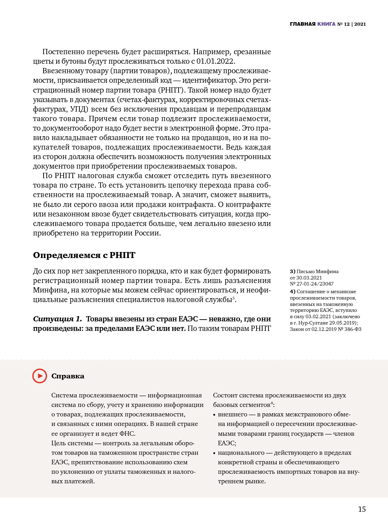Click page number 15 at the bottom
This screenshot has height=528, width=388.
tap(362, 509)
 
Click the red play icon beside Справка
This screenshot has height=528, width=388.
tap(40, 376)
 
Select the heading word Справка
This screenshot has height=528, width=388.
tap(68, 376)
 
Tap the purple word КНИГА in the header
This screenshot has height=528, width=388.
tap(326, 24)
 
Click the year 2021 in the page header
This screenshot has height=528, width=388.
tap(360, 24)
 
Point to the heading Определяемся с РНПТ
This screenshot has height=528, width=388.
tap(84, 255)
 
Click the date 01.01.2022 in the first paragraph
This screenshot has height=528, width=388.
tap(215, 61)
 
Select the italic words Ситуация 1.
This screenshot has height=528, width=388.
tap(57, 319)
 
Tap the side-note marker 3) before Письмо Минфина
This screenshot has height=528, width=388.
tap(292, 271)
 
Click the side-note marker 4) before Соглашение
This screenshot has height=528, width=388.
tap(292, 291)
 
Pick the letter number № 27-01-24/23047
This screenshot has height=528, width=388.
tap(312, 284)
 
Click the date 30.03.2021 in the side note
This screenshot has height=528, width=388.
tap(309, 278)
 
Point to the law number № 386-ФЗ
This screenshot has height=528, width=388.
tap(349, 329)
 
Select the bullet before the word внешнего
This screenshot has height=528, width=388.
tap(214, 415)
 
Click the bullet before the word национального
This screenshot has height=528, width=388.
tap(214, 453)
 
